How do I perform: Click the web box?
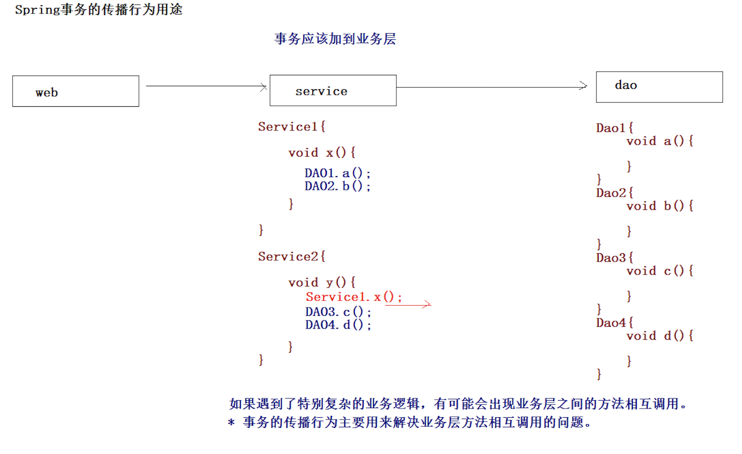(76, 91)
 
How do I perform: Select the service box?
(333, 91)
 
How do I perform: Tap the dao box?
(659, 87)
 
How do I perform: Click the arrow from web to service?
(206, 86)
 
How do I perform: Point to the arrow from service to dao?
(492, 87)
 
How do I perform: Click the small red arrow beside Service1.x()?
(408, 305)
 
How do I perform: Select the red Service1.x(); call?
(354, 297)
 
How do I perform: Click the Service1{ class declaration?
(291, 127)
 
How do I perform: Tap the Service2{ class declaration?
(291, 257)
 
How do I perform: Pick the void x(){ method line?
(322, 153)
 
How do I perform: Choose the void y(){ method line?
(322, 283)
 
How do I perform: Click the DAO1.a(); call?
(337, 174)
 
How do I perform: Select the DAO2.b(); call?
(337, 186)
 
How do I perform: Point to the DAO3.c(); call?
(338, 312)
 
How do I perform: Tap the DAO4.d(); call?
(338, 325)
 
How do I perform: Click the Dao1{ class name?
(614, 128)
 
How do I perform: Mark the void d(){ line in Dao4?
(659, 336)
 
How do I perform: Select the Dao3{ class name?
(614, 258)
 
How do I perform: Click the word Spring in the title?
(37, 10)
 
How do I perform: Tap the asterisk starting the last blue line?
(231, 423)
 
